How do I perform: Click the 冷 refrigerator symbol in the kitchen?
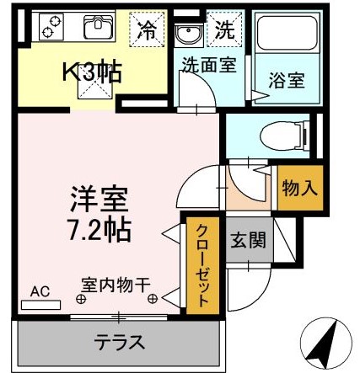click(147, 31)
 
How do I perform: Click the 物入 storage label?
click(299, 186)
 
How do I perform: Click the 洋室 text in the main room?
click(97, 200)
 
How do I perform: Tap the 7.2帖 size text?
click(99, 227)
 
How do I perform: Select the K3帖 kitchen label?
click(89, 72)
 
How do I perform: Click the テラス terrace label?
click(119, 343)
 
